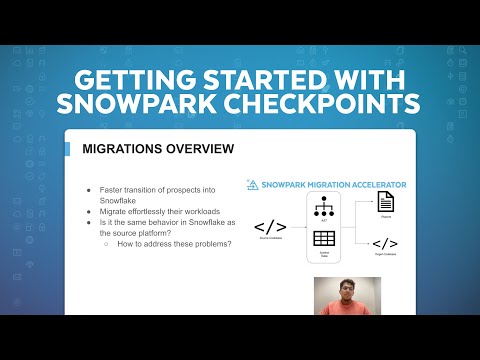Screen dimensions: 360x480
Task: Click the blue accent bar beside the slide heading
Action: tap(69, 150)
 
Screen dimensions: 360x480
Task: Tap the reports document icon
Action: tap(385, 202)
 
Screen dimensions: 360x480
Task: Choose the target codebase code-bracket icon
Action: tap(385, 243)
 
